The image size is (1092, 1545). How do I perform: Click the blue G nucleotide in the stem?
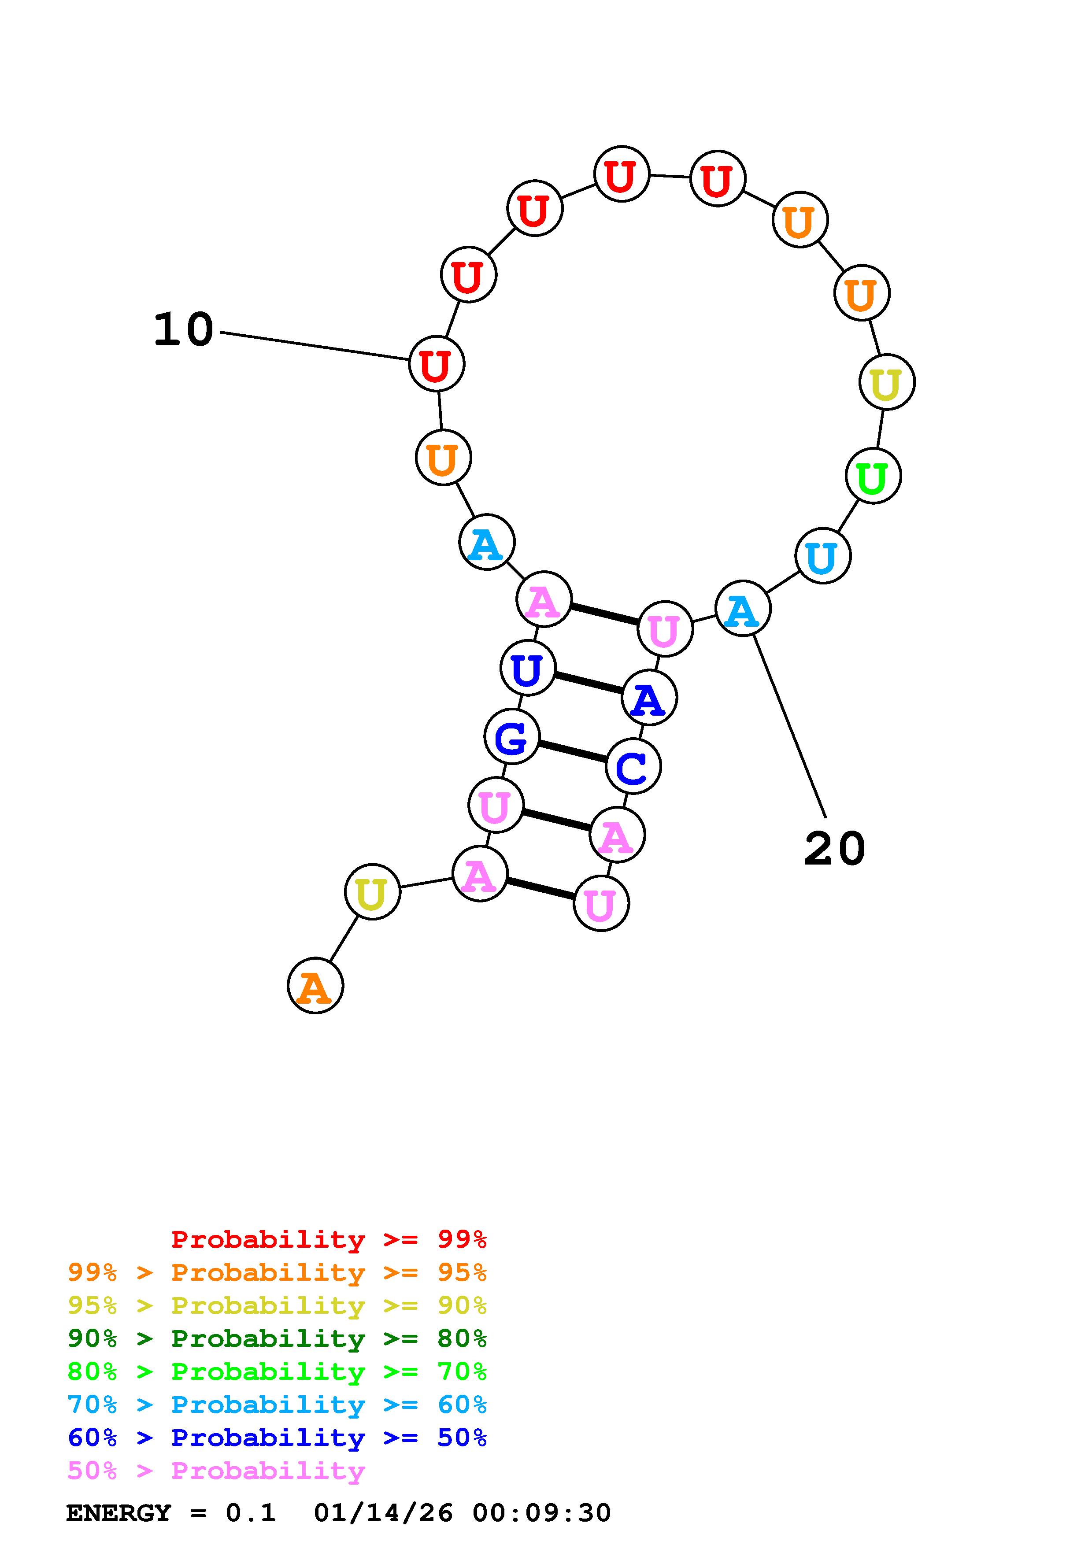pyautogui.click(x=511, y=738)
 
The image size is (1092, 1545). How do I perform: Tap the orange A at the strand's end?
pyautogui.click(x=315, y=986)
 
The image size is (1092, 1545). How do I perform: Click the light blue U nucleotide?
pyautogui.click(x=822, y=556)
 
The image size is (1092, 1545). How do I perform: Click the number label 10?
pyautogui.click(x=183, y=330)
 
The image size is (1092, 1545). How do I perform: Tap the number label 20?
pyautogui.click(x=834, y=849)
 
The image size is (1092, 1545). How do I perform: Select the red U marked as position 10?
pyautogui.click(x=437, y=364)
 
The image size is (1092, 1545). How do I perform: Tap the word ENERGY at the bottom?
pyautogui.click(x=118, y=1513)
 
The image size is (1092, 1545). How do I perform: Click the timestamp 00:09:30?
pyautogui.click(x=542, y=1513)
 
